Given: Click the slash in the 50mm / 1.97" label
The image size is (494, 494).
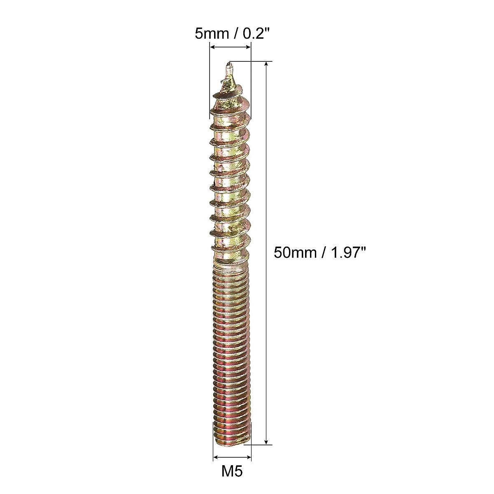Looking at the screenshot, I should (x=320, y=252).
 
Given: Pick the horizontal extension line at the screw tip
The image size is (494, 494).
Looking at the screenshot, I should (x=251, y=62).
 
